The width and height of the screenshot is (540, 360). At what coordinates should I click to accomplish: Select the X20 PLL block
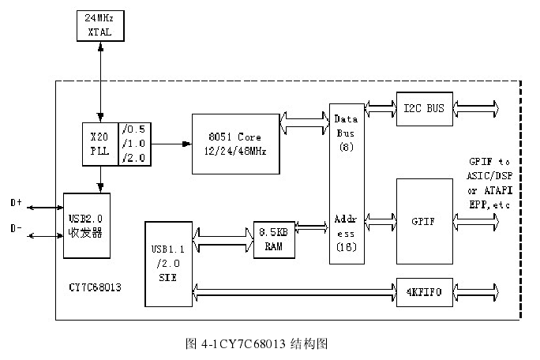point(99,143)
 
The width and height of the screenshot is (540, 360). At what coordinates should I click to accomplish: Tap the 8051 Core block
point(234,144)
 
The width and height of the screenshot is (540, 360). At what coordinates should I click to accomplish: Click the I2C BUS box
point(424,107)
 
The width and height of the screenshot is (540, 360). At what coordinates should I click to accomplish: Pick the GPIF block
point(424,220)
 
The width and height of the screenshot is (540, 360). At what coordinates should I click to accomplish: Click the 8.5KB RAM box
point(273,239)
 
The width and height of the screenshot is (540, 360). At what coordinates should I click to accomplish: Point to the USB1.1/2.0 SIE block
point(168,263)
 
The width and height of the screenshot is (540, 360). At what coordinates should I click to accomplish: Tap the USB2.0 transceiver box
point(87,224)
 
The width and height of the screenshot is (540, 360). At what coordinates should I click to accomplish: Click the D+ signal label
point(16,203)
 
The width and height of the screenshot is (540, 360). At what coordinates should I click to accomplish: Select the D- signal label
point(16,230)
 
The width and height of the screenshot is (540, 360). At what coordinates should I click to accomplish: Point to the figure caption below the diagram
point(255,343)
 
